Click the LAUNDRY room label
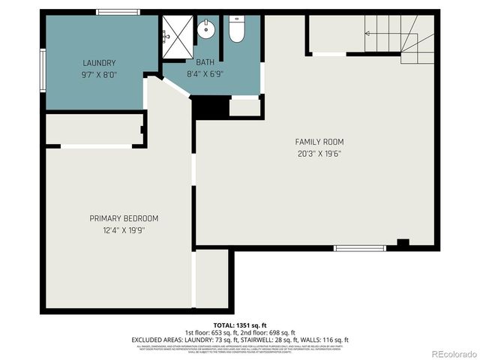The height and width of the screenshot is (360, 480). pyautogui.click(x=99, y=63)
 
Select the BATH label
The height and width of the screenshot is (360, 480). pyautogui.click(x=205, y=63)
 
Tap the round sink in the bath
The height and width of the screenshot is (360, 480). pyautogui.click(x=205, y=30)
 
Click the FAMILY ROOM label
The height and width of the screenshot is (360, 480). pyautogui.click(x=319, y=142)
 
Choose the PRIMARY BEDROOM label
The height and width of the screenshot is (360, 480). pyautogui.click(x=124, y=218)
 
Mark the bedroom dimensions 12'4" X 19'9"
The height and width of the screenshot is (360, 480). pyautogui.click(x=124, y=229)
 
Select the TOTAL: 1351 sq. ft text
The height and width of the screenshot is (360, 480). pyautogui.click(x=239, y=325)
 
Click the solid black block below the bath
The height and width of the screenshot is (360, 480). pyautogui.click(x=210, y=108)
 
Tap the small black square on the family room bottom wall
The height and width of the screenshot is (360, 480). pyautogui.click(x=403, y=243)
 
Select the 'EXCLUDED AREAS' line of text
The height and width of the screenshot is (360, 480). pyautogui.click(x=239, y=340)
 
